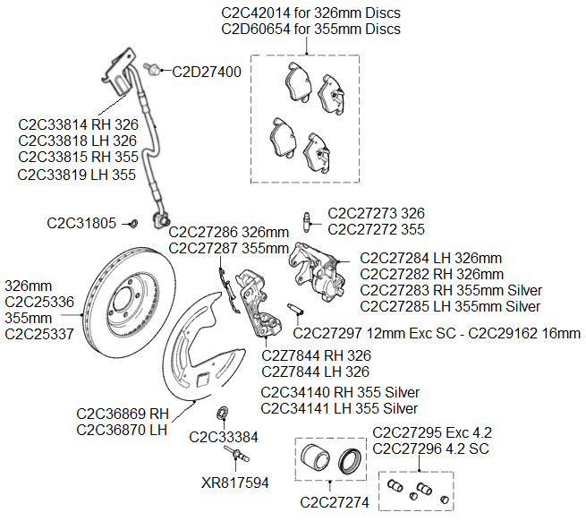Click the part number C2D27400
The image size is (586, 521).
point(207,72)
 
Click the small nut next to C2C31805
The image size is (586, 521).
point(133,222)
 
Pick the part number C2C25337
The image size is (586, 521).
point(39,335)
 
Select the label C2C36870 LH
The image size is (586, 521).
point(123,430)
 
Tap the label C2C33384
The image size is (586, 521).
point(224,438)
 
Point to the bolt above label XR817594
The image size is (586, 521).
point(238,459)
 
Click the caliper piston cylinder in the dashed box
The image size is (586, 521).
point(314,458)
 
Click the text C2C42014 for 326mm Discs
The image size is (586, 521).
point(310,13)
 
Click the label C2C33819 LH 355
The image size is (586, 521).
point(77,175)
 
